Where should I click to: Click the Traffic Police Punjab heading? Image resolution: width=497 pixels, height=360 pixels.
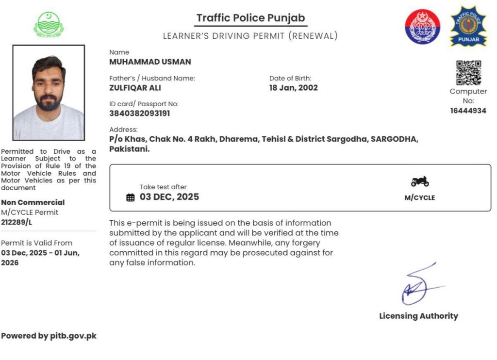250,18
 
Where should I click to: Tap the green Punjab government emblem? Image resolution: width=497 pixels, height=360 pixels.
49,24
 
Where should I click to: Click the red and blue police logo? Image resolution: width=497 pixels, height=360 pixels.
423,26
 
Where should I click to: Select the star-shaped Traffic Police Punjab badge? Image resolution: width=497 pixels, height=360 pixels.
468,26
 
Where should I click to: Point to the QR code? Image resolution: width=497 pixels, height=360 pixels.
468,72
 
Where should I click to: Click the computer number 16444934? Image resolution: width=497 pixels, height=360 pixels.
468,111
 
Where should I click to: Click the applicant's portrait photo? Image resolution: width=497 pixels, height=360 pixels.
49,93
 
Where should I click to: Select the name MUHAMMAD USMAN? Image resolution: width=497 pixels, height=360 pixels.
150,62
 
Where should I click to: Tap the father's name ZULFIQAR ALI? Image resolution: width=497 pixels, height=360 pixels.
135,88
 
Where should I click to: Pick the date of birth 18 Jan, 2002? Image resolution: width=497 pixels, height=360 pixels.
293,88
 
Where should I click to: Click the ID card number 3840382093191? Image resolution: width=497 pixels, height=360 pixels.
140,114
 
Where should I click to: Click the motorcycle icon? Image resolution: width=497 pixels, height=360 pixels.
420,181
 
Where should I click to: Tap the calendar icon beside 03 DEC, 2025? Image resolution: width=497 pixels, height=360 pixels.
130,197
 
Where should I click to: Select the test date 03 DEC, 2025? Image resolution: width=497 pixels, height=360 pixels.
169,197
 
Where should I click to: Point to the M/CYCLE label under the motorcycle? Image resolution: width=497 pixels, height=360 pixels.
420,198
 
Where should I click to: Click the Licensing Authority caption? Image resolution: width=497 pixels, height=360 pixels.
418,316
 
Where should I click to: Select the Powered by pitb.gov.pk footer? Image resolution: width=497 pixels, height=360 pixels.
49,336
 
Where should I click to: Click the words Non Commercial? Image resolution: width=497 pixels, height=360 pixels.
33,202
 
